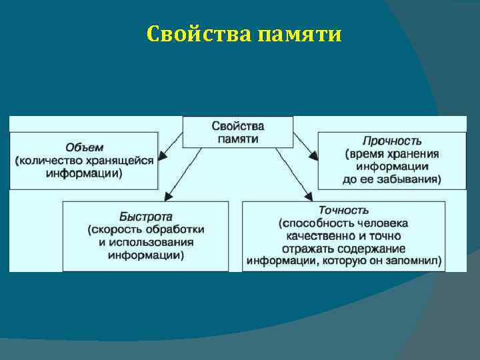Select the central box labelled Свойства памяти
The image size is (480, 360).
(238, 131)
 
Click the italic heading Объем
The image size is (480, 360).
(84, 147)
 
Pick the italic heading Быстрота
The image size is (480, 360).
(145, 217)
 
